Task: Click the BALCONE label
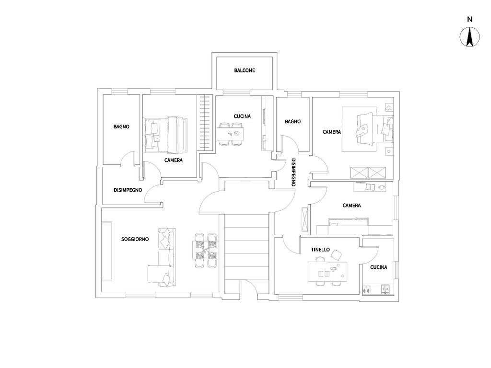[x=245, y=70]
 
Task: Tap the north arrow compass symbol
[x=470, y=37]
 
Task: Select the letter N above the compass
[x=470, y=19]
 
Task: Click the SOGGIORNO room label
[x=135, y=240]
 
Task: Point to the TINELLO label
[x=320, y=250]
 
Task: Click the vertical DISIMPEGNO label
[x=293, y=172]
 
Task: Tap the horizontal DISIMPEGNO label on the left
[x=128, y=190]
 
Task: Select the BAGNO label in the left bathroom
[x=121, y=126]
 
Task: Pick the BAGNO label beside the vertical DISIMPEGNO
[x=293, y=121]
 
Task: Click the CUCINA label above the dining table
[x=242, y=116]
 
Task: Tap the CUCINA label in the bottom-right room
[x=379, y=267]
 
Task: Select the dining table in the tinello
[x=327, y=272]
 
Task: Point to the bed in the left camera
[x=165, y=135]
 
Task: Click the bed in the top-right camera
[x=374, y=129]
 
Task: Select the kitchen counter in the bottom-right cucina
[x=378, y=290]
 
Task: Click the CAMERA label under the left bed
[x=174, y=160]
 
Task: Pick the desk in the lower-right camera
[x=370, y=187]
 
